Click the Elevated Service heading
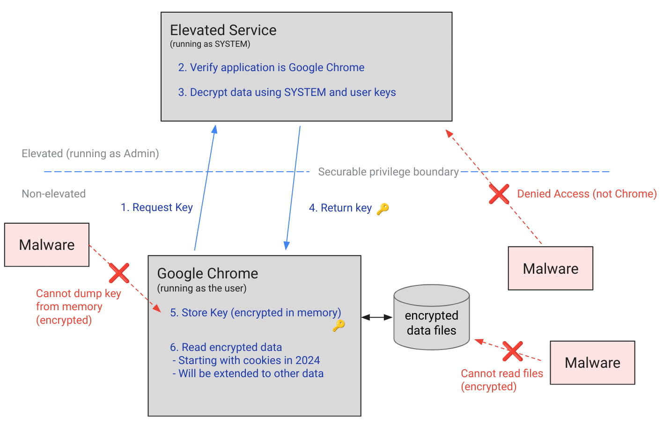223,30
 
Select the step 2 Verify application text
271,67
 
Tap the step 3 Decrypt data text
287,92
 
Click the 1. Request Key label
156,207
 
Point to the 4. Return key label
340,208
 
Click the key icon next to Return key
383,209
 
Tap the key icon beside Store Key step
339,325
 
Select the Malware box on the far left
47,245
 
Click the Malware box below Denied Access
550,269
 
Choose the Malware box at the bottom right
592,363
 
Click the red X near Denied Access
499,194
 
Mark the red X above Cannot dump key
119,273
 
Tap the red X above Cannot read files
512,351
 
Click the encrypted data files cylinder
431,318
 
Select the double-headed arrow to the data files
377,317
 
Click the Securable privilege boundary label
388,172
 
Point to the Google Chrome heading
207,273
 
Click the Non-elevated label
54,194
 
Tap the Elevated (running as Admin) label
90,153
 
